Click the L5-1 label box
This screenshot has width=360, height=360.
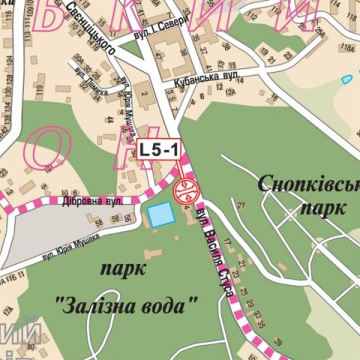(159, 149)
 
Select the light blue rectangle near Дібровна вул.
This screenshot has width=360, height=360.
(161, 214)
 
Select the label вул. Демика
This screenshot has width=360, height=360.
(87, 73)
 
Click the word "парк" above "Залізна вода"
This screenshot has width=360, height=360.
(123, 268)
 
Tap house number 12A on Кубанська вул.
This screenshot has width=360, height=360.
(230, 92)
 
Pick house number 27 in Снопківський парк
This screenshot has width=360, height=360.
(242, 206)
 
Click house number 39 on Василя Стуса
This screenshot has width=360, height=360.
(278, 341)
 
